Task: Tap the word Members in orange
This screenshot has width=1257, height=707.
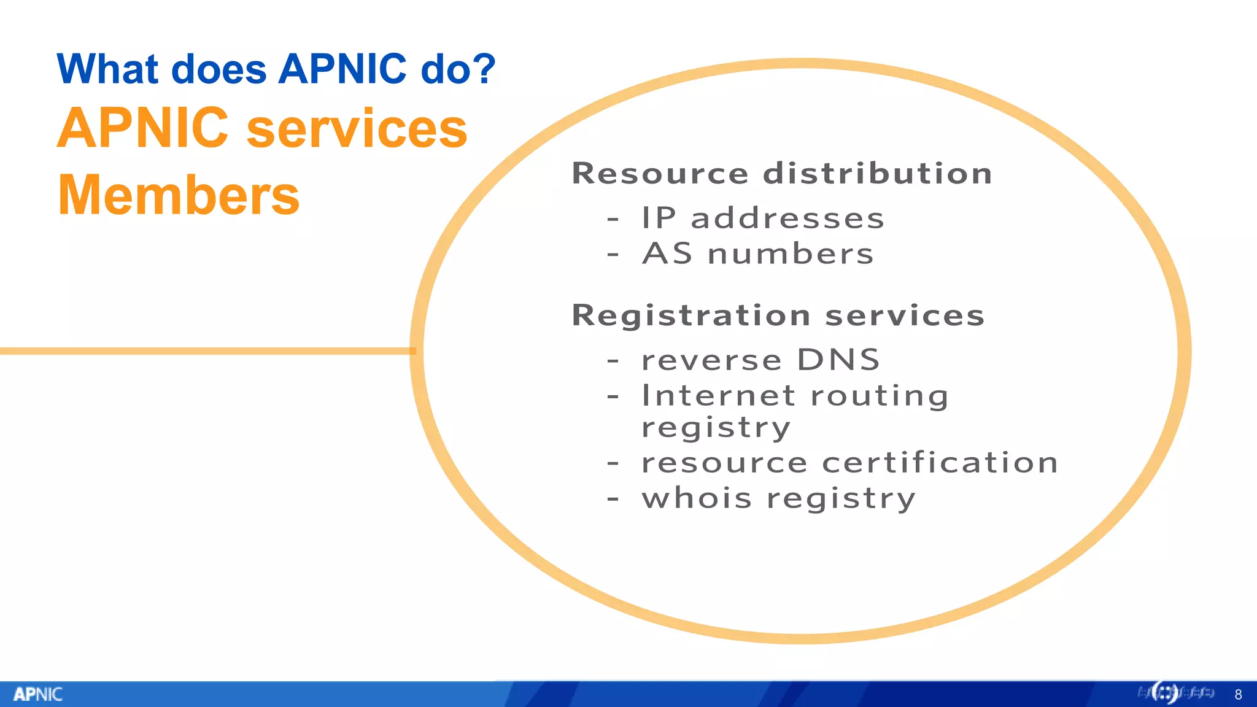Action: pos(179,195)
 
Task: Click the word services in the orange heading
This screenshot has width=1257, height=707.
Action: pos(357,129)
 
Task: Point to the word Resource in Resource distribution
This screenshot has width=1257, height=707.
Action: pos(660,174)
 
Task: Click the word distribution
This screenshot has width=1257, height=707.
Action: pos(877,174)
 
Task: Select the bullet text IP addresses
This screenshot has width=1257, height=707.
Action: pos(763,218)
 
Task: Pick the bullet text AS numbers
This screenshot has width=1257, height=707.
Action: pos(758,254)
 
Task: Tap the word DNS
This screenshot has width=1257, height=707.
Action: pos(838,360)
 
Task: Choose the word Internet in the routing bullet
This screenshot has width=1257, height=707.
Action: pos(719,396)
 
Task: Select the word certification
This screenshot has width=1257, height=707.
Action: pos(940,463)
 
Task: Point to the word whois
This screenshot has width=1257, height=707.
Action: pos(697,498)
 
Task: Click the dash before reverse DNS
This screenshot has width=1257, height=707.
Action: pos(613,360)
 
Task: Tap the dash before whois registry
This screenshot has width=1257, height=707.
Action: pos(613,498)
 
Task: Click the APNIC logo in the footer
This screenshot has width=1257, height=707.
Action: pos(38,694)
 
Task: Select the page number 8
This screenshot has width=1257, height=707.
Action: pos(1238,695)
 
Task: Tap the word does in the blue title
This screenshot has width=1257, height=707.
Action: pos(219,69)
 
